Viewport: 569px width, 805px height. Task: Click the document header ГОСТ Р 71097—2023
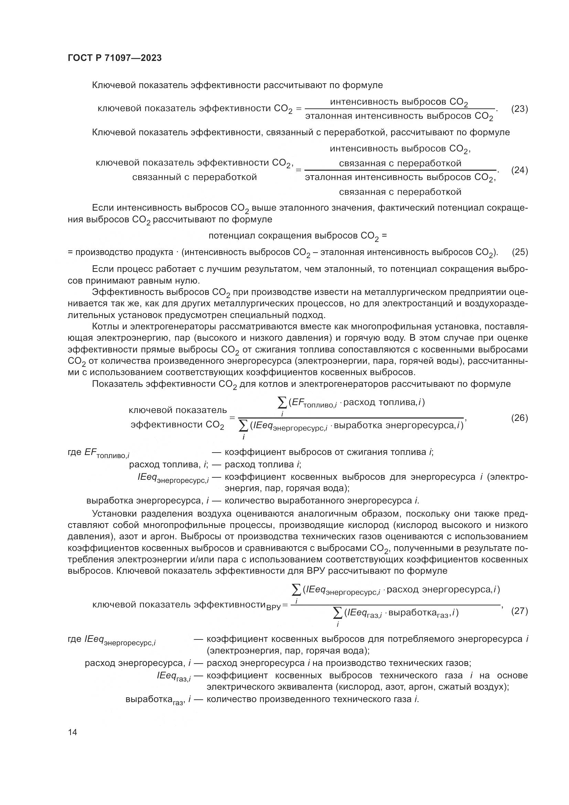point(115,58)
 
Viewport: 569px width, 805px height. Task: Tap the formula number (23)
point(519,109)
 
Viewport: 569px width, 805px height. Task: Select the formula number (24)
point(519,170)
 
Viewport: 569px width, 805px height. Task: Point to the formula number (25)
point(520,252)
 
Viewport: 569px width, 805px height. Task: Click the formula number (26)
point(519,417)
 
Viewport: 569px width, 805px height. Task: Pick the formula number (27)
point(519,611)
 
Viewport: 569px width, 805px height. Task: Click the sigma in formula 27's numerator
point(297,590)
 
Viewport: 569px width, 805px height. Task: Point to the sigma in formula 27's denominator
point(337,613)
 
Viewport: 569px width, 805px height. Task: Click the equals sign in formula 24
point(299,170)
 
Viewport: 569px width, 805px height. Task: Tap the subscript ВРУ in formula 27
point(273,607)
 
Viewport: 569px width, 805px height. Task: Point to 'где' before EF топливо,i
point(75,452)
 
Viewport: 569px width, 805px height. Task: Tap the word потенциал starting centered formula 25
point(232,236)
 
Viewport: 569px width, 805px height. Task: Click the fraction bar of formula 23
point(399,109)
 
